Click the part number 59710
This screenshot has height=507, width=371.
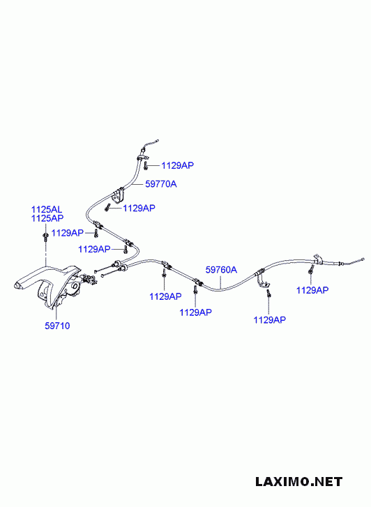click(x=57, y=326)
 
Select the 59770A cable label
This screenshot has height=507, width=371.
click(x=161, y=184)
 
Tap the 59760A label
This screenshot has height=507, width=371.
click(x=221, y=270)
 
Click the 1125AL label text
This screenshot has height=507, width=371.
click(x=47, y=209)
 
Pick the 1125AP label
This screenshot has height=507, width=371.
click(x=47, y=218)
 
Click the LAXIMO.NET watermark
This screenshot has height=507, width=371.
click(x=298, y=482)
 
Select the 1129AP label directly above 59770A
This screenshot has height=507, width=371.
click(x=178, y=165)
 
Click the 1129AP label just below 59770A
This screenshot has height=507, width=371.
click(x=139, y=208)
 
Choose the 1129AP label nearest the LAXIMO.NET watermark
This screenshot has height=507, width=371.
click(x=270, y=320)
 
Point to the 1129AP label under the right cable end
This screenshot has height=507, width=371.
click(x=312, y=290)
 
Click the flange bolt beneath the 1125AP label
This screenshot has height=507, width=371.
click(x=45, y=236)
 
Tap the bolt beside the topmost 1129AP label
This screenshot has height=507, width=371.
click(x=146, y=166)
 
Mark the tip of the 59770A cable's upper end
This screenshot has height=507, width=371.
click(x=158, y=141)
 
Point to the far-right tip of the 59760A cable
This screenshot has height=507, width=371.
click(x=363, y=259)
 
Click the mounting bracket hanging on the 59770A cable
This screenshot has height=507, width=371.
click(x=118, y=195)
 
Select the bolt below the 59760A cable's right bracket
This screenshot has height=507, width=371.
click(x=268, y=294)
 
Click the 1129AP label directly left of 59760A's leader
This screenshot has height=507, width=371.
click(x=196, y=312)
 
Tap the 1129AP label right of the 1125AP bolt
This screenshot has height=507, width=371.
click(x=68, y=233)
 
